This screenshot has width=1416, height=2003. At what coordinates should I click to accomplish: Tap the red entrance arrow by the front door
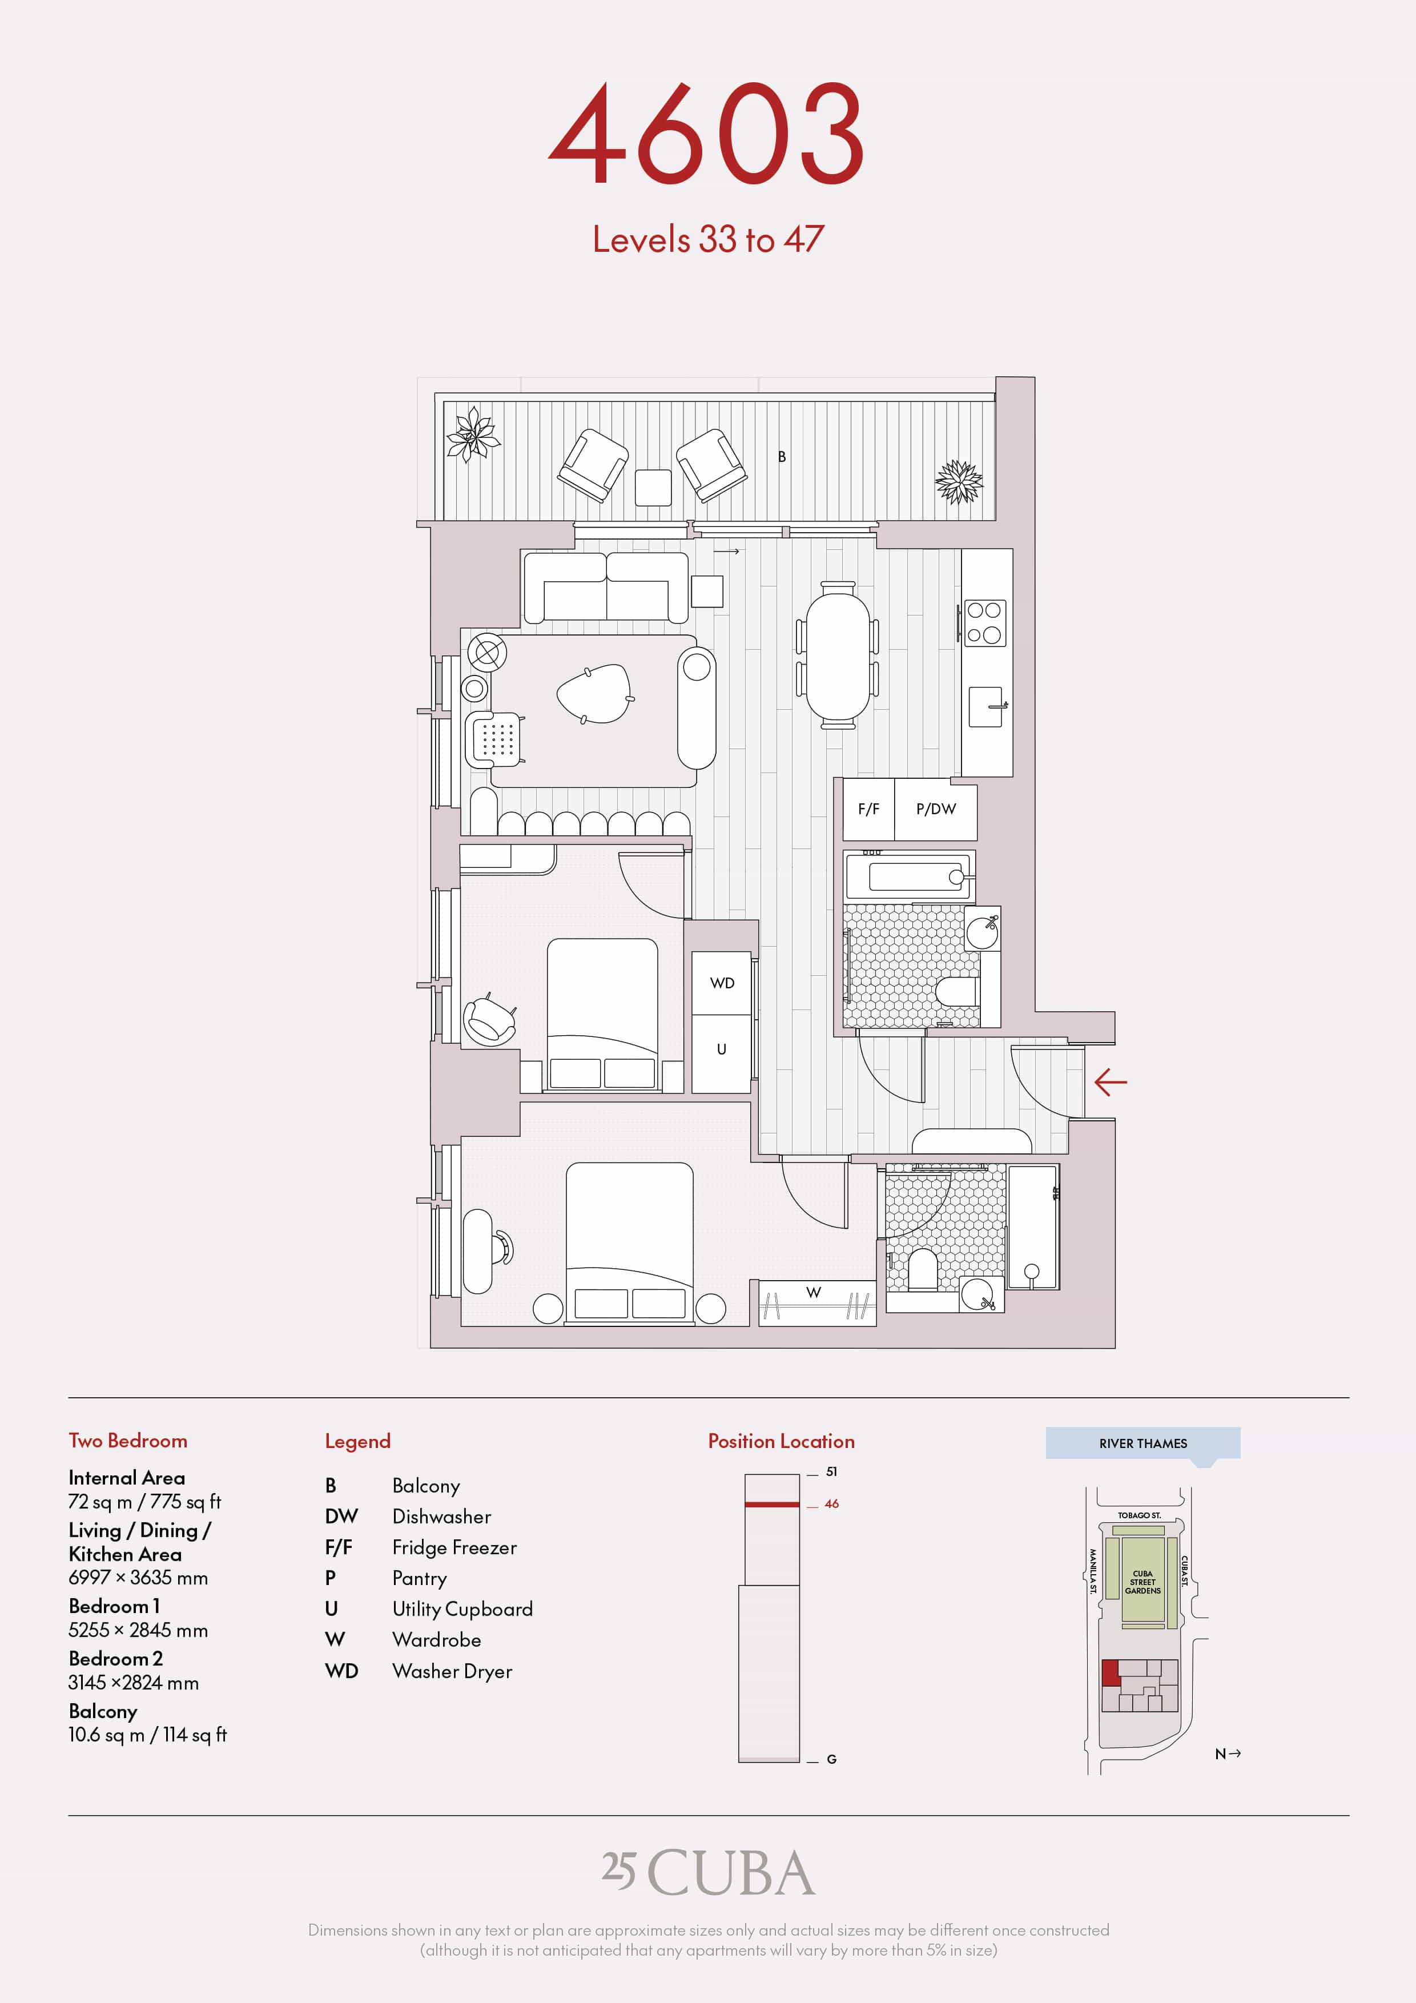pos(1111,1083)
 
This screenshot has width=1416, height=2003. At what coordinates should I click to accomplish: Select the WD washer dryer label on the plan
pos(722,983)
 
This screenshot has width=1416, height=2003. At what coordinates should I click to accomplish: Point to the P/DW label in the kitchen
pos(936,809)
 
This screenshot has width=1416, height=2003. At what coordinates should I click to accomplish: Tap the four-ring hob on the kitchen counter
pos(984,623)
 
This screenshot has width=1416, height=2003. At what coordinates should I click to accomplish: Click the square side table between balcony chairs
pos(653,488)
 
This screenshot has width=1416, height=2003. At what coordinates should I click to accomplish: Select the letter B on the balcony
pos(782,456)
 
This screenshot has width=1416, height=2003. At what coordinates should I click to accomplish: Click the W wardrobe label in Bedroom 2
pos(813,1292)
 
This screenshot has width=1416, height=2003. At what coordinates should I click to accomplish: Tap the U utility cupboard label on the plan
pos(722,1049)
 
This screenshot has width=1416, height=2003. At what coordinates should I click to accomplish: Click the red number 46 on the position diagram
pos(831,1504)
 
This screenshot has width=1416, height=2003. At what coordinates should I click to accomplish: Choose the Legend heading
pos(357,1441)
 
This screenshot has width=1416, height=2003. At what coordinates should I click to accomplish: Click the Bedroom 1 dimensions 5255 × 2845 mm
pos(138,1630)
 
